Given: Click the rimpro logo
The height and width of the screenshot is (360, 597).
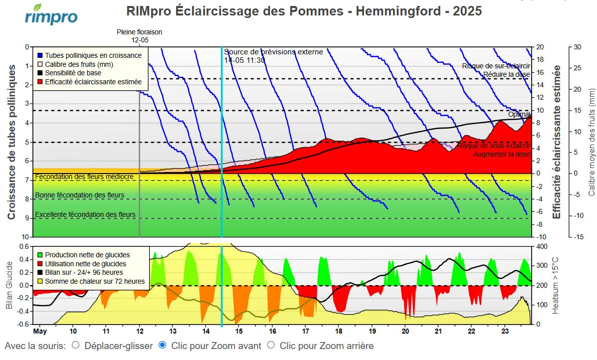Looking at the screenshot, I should (x=51, y=15).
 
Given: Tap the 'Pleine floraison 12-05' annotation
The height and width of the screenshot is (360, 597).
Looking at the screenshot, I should (x=139, y=36).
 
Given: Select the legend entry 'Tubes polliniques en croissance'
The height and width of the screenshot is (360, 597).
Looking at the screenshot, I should (x=93, y=55).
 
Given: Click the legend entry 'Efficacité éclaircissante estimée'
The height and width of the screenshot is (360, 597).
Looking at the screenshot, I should (x=93, y=82).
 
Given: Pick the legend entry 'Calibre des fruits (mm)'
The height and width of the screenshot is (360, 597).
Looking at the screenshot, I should (x=79, y=64).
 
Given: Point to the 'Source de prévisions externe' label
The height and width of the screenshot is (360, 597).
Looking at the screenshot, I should (x=273, y=52).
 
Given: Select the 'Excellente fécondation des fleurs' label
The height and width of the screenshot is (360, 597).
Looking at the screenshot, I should (x=85, y=214).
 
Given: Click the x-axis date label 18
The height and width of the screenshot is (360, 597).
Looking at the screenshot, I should (x=339, y=331).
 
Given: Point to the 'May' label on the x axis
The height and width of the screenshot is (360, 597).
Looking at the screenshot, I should (x=40, y=331).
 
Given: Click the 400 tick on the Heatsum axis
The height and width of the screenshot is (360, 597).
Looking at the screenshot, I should (x=541, y=247).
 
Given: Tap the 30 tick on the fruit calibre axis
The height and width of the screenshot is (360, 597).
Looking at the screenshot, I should (x=578, y=47).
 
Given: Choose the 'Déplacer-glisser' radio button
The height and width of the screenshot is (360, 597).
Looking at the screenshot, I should (x=76, y=345).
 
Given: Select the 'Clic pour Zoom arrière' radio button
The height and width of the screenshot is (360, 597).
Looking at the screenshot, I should (x=271, y=345).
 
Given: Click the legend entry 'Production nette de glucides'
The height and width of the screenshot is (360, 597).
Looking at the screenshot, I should (x=87, y=255).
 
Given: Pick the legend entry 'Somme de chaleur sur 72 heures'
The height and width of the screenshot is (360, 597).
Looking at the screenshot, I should (x=94, y=282).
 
